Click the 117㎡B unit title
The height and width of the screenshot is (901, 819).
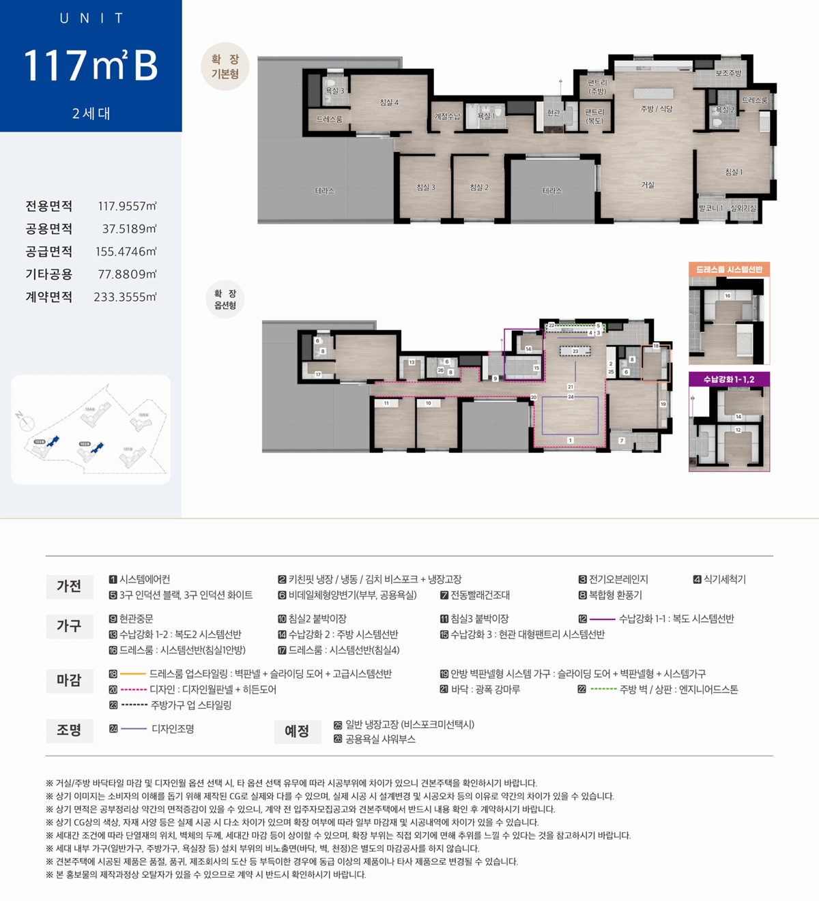tap(91, 65)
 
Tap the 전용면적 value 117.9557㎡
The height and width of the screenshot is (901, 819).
tap(127, 206)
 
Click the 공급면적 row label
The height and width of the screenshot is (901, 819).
tap(49, 252)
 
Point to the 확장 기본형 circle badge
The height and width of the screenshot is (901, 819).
tap(225, 67)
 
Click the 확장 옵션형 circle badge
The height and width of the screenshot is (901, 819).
tap(225, 299)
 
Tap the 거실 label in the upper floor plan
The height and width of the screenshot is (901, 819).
tap(648, 185)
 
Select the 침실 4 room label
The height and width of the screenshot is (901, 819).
tap(389, 102)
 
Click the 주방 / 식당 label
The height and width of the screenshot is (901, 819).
tap(657, 108)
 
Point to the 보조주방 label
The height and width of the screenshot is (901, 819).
tap(728, 73)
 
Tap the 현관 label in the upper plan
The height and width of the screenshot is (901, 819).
tap(554, 113)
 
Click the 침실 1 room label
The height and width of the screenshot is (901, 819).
tap(734, 172)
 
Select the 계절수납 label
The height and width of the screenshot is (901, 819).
tap(447, 117)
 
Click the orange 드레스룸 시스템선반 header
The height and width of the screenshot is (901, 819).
tap(729, 269)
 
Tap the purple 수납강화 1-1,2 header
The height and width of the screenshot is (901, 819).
tap(729, 379)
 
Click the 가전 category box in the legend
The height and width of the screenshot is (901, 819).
tap(70, 587)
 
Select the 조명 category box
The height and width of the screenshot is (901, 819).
tap(70, 730)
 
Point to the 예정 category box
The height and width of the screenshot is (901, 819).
tap(297, 731)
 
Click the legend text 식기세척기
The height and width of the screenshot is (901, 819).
tap(725, 580)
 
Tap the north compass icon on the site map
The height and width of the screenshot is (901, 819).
tap(25, 422)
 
